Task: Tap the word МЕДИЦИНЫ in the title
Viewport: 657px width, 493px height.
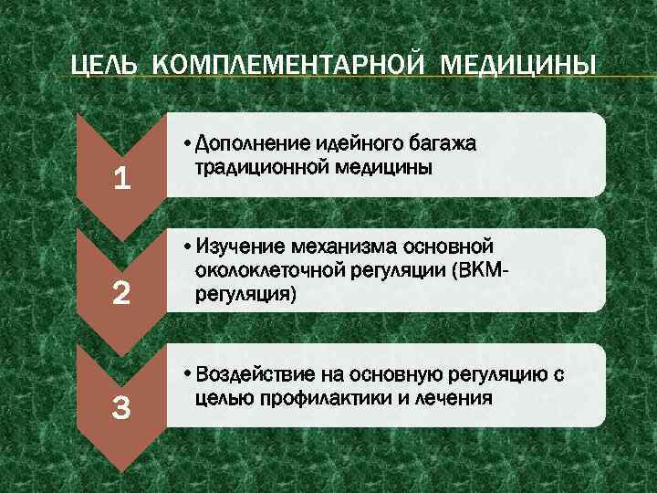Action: [519, 67]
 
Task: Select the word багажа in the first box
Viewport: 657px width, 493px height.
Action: [445, 143]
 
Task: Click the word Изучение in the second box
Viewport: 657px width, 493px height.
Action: [240, 246]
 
